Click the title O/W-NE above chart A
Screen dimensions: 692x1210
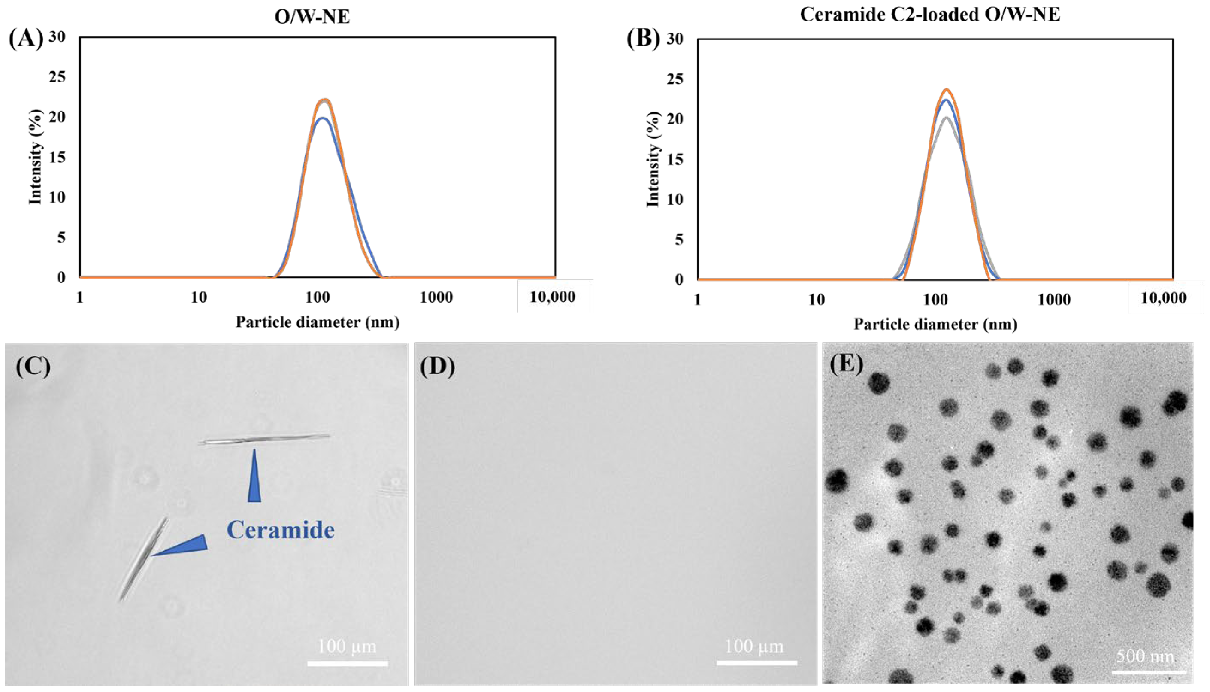click(x=312, y=17)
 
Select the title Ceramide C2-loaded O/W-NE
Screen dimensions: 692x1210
click(x=930, y=14)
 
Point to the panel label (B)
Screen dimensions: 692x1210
click(x=643, y=39)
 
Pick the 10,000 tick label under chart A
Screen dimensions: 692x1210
click(x=552, y=297)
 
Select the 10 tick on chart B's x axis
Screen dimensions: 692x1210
click(x=816, y=300)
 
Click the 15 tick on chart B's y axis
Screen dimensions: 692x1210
click(x=675, y=159)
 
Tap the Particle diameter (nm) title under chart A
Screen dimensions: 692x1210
click(x=318, y=322)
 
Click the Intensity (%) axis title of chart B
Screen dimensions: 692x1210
click(x=653, y=159)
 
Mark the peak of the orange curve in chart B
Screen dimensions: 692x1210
click(x=947, y=89)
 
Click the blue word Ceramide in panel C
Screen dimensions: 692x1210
click(x=280, y=529)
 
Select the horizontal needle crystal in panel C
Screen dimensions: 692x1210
click(x=264, y=439)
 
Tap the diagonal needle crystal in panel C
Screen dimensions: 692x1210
click(x=142, y=559)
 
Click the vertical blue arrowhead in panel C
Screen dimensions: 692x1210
click(x=254, y=477)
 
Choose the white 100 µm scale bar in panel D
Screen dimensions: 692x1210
click(x=756, y=662)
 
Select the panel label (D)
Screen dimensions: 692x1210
click(x=437, y=367)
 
